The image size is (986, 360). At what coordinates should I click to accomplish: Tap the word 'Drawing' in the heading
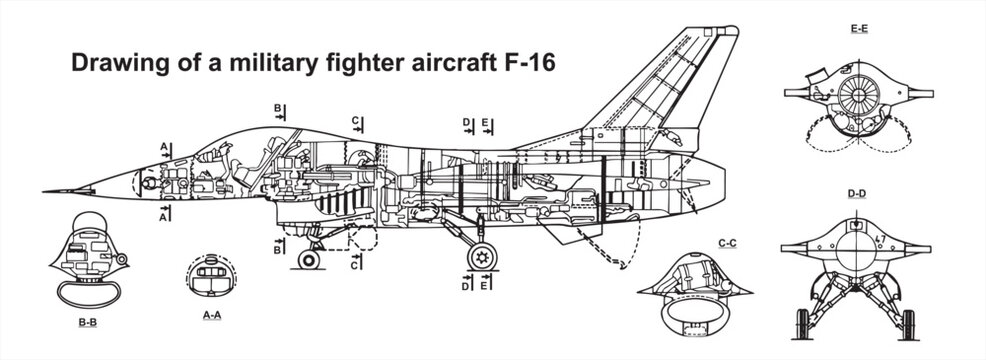(x=106, y=63)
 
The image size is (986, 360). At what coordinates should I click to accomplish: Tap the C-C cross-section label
(x=726, y=243)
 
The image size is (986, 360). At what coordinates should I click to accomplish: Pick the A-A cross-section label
(x=212, y=316)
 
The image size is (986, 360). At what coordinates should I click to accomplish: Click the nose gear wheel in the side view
(x=310, y=259)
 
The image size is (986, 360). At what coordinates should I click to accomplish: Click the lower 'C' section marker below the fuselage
(x=356, y=265)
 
